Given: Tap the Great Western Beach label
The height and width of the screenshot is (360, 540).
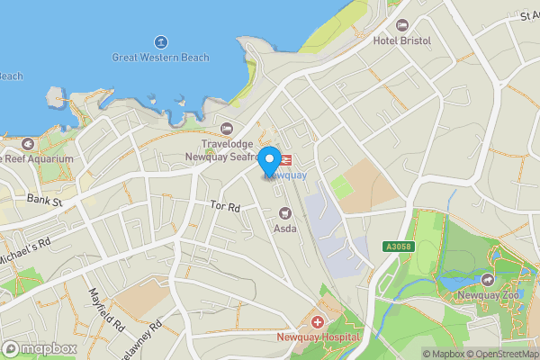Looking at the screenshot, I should click(160, 58).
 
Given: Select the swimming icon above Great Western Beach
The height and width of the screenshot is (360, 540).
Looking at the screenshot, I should click(160, 41).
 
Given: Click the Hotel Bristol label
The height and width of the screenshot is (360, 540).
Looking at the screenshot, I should click(402, 40).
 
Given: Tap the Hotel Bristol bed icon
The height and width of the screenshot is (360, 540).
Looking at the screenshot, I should click(402, 25).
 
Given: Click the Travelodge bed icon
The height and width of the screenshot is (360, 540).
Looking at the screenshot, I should click(226, 128).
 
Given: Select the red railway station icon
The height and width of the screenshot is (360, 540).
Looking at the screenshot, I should click(287, 160).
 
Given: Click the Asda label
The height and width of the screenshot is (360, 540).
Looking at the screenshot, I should click(285, 229).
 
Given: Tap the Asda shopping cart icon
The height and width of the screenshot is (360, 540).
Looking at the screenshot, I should click(285, 213).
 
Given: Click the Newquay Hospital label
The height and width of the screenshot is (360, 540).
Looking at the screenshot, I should click(317, 337).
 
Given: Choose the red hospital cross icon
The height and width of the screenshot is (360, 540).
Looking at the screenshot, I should click(317, 321).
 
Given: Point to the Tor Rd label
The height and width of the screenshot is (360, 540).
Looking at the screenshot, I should click(225, 207).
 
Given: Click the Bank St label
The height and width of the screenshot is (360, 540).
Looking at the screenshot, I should click(43, 201).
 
